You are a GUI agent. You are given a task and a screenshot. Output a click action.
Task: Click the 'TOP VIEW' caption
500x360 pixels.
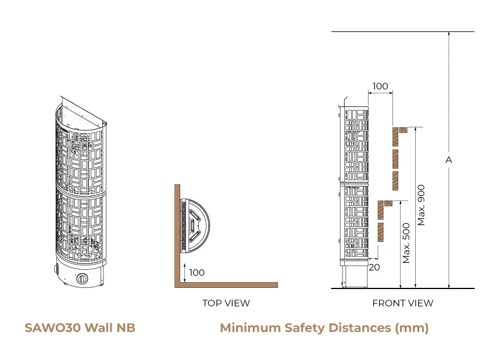coord(226,303)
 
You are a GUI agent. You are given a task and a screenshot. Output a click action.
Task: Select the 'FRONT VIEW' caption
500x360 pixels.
coord(402,303)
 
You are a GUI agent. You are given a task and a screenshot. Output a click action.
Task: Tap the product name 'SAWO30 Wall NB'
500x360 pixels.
coord(80,327)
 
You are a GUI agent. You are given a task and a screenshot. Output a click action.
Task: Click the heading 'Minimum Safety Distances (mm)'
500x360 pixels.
coord(324,327)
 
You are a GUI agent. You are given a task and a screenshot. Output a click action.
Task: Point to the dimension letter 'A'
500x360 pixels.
coord(448,159)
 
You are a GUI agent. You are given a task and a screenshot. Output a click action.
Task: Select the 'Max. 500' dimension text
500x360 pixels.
coord(406,241)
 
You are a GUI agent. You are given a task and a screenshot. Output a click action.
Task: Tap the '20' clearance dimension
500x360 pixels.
coord(374,267)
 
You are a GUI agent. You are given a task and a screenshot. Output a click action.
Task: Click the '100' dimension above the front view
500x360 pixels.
coord(380,86)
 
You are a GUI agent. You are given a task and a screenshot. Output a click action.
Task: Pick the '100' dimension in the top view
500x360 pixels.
coord(197,272)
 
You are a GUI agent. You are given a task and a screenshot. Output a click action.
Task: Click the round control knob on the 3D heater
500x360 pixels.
coord(83,279)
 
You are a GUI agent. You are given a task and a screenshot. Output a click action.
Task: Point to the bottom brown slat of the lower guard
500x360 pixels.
coord(381,232)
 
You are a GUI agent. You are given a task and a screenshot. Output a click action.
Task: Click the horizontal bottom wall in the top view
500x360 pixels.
coord(227,285)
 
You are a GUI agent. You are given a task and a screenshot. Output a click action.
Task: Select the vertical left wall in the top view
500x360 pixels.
coord(176,233)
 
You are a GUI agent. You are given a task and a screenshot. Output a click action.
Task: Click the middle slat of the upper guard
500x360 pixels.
coord(395,159)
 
